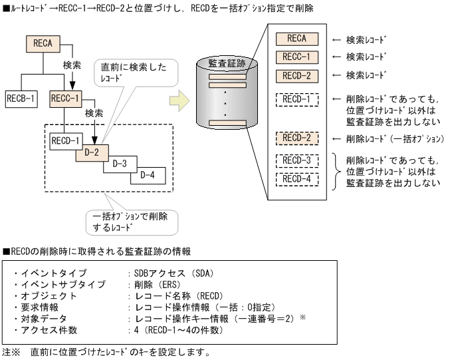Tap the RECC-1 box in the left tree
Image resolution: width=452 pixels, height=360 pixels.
coord(65,100)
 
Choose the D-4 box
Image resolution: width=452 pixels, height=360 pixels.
coord(149,175)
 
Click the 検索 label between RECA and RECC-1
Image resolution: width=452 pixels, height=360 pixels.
coord(72,66)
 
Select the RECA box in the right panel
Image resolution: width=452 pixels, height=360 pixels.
coord(296,39)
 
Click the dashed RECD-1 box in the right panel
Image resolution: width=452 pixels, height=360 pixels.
coord(296,100)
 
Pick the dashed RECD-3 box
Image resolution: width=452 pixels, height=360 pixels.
coord(296,160)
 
